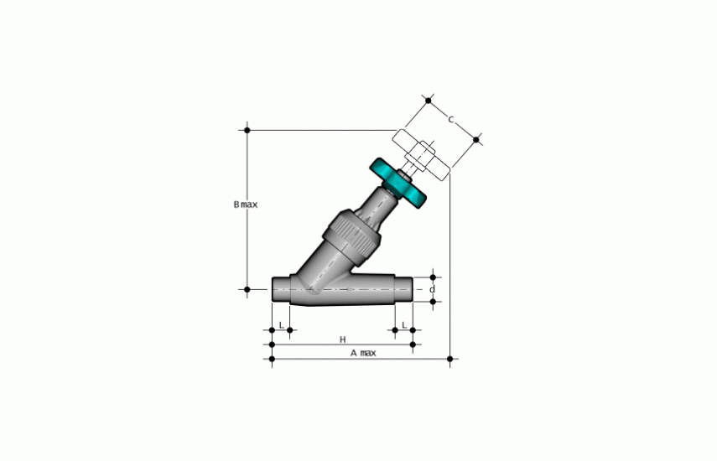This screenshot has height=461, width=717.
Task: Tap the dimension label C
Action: point(451,120)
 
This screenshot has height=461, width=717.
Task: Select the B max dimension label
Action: point(246,205)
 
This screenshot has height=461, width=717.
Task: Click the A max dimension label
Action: point(363,353)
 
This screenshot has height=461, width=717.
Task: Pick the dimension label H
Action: point(342,339)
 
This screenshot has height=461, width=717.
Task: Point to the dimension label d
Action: point(432,289)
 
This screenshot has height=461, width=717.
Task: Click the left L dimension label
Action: point(281,325)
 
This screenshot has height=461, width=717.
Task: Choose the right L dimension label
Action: point(404,325)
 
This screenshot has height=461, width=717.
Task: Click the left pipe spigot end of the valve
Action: point(281,289)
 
